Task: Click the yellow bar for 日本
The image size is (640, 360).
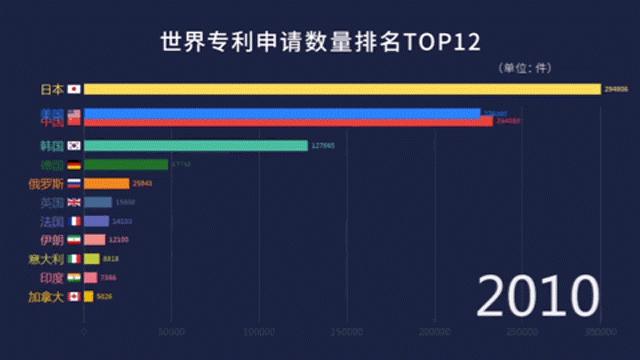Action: [x=340, y=89]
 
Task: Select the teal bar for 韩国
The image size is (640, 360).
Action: [x=196, y=145]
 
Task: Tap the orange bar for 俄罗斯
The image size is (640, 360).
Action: [x=106, y=184]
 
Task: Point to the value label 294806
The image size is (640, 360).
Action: [x=616, y=89]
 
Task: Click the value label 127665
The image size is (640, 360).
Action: [x=322, y=145]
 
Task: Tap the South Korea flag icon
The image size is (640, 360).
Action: [x=73, y=145]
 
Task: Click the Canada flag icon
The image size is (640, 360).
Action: [x=73, y=297]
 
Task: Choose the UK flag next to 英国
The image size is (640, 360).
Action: [x=73, y=202]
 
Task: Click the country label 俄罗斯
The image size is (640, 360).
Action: [x=45, y=184]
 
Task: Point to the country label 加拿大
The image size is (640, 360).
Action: [x=45, y=297]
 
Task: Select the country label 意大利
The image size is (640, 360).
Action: [x=45, y=259]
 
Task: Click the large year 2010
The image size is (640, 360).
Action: [x=536, y=296]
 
